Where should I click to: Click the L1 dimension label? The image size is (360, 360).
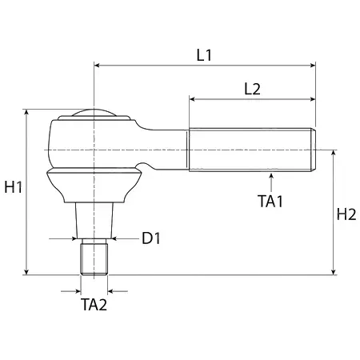coord(204,55)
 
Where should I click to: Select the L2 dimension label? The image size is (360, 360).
coord(252,89)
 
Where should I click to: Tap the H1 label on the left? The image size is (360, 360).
coord(14,187)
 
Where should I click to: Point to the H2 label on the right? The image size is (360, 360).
coord(346,214)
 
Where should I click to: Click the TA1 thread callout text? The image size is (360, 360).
coord(270,201)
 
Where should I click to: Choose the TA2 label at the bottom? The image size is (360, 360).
coord(94,305)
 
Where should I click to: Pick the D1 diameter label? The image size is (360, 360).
coord(151,238)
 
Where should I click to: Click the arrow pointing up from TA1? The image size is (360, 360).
coord(271,182)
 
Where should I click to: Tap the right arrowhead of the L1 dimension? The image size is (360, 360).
coord(313,66)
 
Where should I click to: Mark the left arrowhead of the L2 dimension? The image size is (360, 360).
coord(193,99)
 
